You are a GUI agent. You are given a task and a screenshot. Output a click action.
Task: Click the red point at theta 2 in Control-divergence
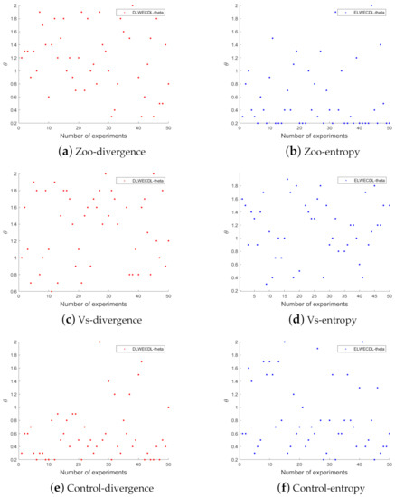(x=99, y=342)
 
